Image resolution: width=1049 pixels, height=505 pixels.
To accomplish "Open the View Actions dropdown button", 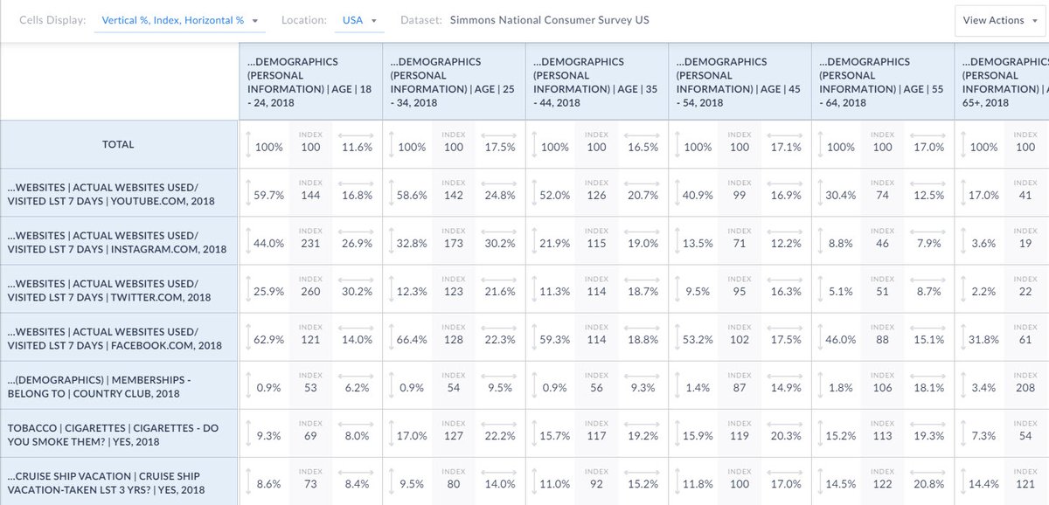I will (999, 20).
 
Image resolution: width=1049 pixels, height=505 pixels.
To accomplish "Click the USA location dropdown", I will (358, 20).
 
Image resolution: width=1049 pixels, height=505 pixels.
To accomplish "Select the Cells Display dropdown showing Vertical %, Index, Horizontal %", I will (179, 20).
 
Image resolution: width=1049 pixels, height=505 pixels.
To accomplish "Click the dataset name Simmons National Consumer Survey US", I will (549, 20).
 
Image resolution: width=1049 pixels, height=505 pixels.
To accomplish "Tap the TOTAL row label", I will (118, 144).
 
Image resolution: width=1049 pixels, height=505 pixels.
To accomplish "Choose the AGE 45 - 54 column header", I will (739, 82).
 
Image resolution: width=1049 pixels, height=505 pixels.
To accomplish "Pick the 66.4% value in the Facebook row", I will (412, 339).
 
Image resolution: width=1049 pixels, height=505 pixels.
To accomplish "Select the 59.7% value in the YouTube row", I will (268, 195).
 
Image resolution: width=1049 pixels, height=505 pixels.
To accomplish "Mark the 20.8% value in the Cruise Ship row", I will (928, 483).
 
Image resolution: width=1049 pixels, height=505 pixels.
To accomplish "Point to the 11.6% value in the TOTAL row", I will (358, 147).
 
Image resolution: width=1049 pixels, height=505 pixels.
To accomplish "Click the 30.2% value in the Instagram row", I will (500, 243).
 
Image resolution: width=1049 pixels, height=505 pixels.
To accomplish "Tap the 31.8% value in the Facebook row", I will (983, 339).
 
